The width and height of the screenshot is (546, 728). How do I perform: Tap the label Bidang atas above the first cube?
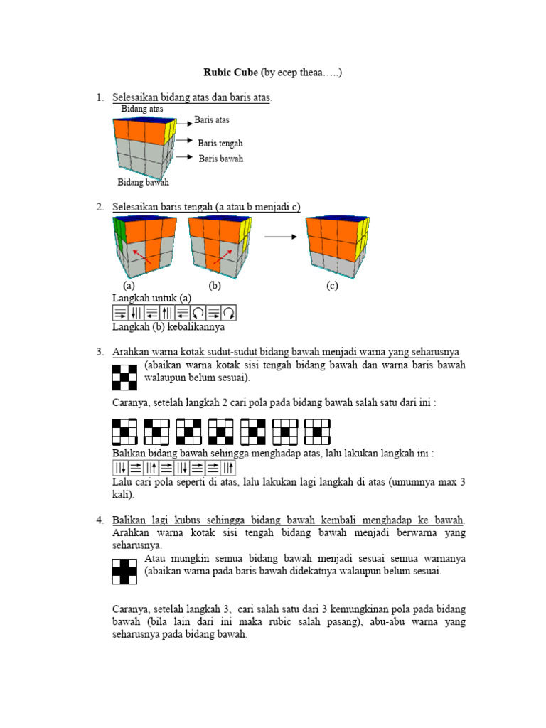pyautogui.click(x=141, y=109)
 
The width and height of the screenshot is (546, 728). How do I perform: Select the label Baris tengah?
pyautogui.click(x=220, y=144)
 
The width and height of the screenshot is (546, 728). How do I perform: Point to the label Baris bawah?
pyautogui.click(x=220, y=159)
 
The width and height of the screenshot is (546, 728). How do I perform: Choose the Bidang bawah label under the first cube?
pyautogui.click(x=143, y=183)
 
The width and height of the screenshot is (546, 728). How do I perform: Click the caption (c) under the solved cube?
pyautogui.click(x=332, y=287)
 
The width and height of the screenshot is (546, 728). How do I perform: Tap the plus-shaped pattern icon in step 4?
pyautogui.click(x=124, y=571)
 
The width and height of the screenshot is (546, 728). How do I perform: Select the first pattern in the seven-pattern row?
pyautogui.click(x=124, y=432)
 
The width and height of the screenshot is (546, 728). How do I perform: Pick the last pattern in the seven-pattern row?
pyautogui.click(x=317, y=432)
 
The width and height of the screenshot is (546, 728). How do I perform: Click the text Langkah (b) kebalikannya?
pyautogui.click(x=168, y=327)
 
